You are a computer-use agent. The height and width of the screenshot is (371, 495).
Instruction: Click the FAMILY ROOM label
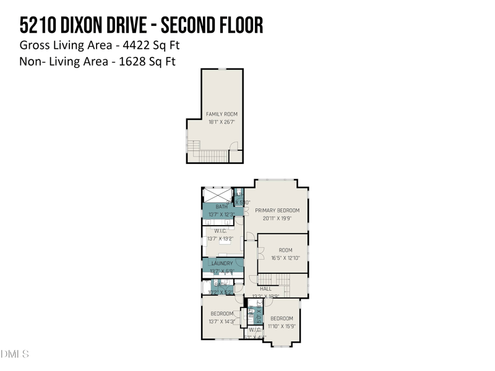(x=222, y=114)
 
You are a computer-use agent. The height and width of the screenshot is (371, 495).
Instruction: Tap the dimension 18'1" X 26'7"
(x=222, y=122)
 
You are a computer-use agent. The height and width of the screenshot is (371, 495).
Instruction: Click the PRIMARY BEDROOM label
(x=277, y=210)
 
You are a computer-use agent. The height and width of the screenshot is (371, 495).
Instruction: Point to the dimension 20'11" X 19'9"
(x=277, y=218)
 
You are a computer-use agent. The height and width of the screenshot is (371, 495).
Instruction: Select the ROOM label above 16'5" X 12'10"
(x=285, y=250)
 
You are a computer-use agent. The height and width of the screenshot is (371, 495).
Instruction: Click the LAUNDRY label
(x=222, y=263)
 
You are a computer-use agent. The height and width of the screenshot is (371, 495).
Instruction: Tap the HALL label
(x=265, y=289)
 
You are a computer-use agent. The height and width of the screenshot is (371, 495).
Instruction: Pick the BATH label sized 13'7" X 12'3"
(x=222, y=207)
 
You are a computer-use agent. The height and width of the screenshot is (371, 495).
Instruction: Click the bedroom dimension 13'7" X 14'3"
(x=222, y=322)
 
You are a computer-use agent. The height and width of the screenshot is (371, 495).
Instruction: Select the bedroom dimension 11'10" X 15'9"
(x=282, y=326)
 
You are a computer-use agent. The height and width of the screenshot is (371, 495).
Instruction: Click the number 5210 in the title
(x=38, y=25)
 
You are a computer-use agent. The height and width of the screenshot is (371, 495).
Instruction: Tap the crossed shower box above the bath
(x=217, y=194)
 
